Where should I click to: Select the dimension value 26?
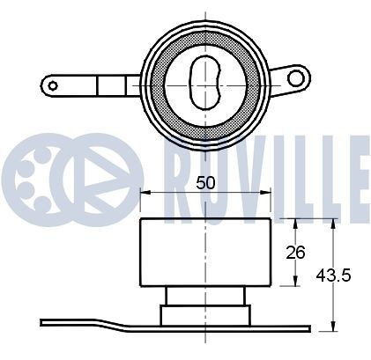(295, 253)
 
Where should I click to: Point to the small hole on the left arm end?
(53, 85)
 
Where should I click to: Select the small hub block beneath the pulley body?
(204, 312)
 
